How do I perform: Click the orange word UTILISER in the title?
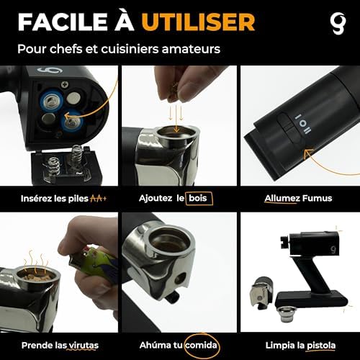[x=198, y=22]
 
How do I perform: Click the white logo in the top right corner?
[x=338, y=23]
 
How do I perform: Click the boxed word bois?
[x=198, y=198]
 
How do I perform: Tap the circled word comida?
[x=201, y=346]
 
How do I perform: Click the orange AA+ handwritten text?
[x=99, y=198]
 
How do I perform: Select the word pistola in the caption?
[x=321, y=346]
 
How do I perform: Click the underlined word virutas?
[x=84, y=346]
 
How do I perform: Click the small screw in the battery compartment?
[x=65, y=84]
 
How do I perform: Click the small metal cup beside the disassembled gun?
[x=286, y=315]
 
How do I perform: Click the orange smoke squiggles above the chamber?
[x=35, y=264]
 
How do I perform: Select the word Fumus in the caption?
[x=317, y=198]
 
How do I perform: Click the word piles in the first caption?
[x=78, y=199]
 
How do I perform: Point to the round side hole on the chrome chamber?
[x=179, y=279]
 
